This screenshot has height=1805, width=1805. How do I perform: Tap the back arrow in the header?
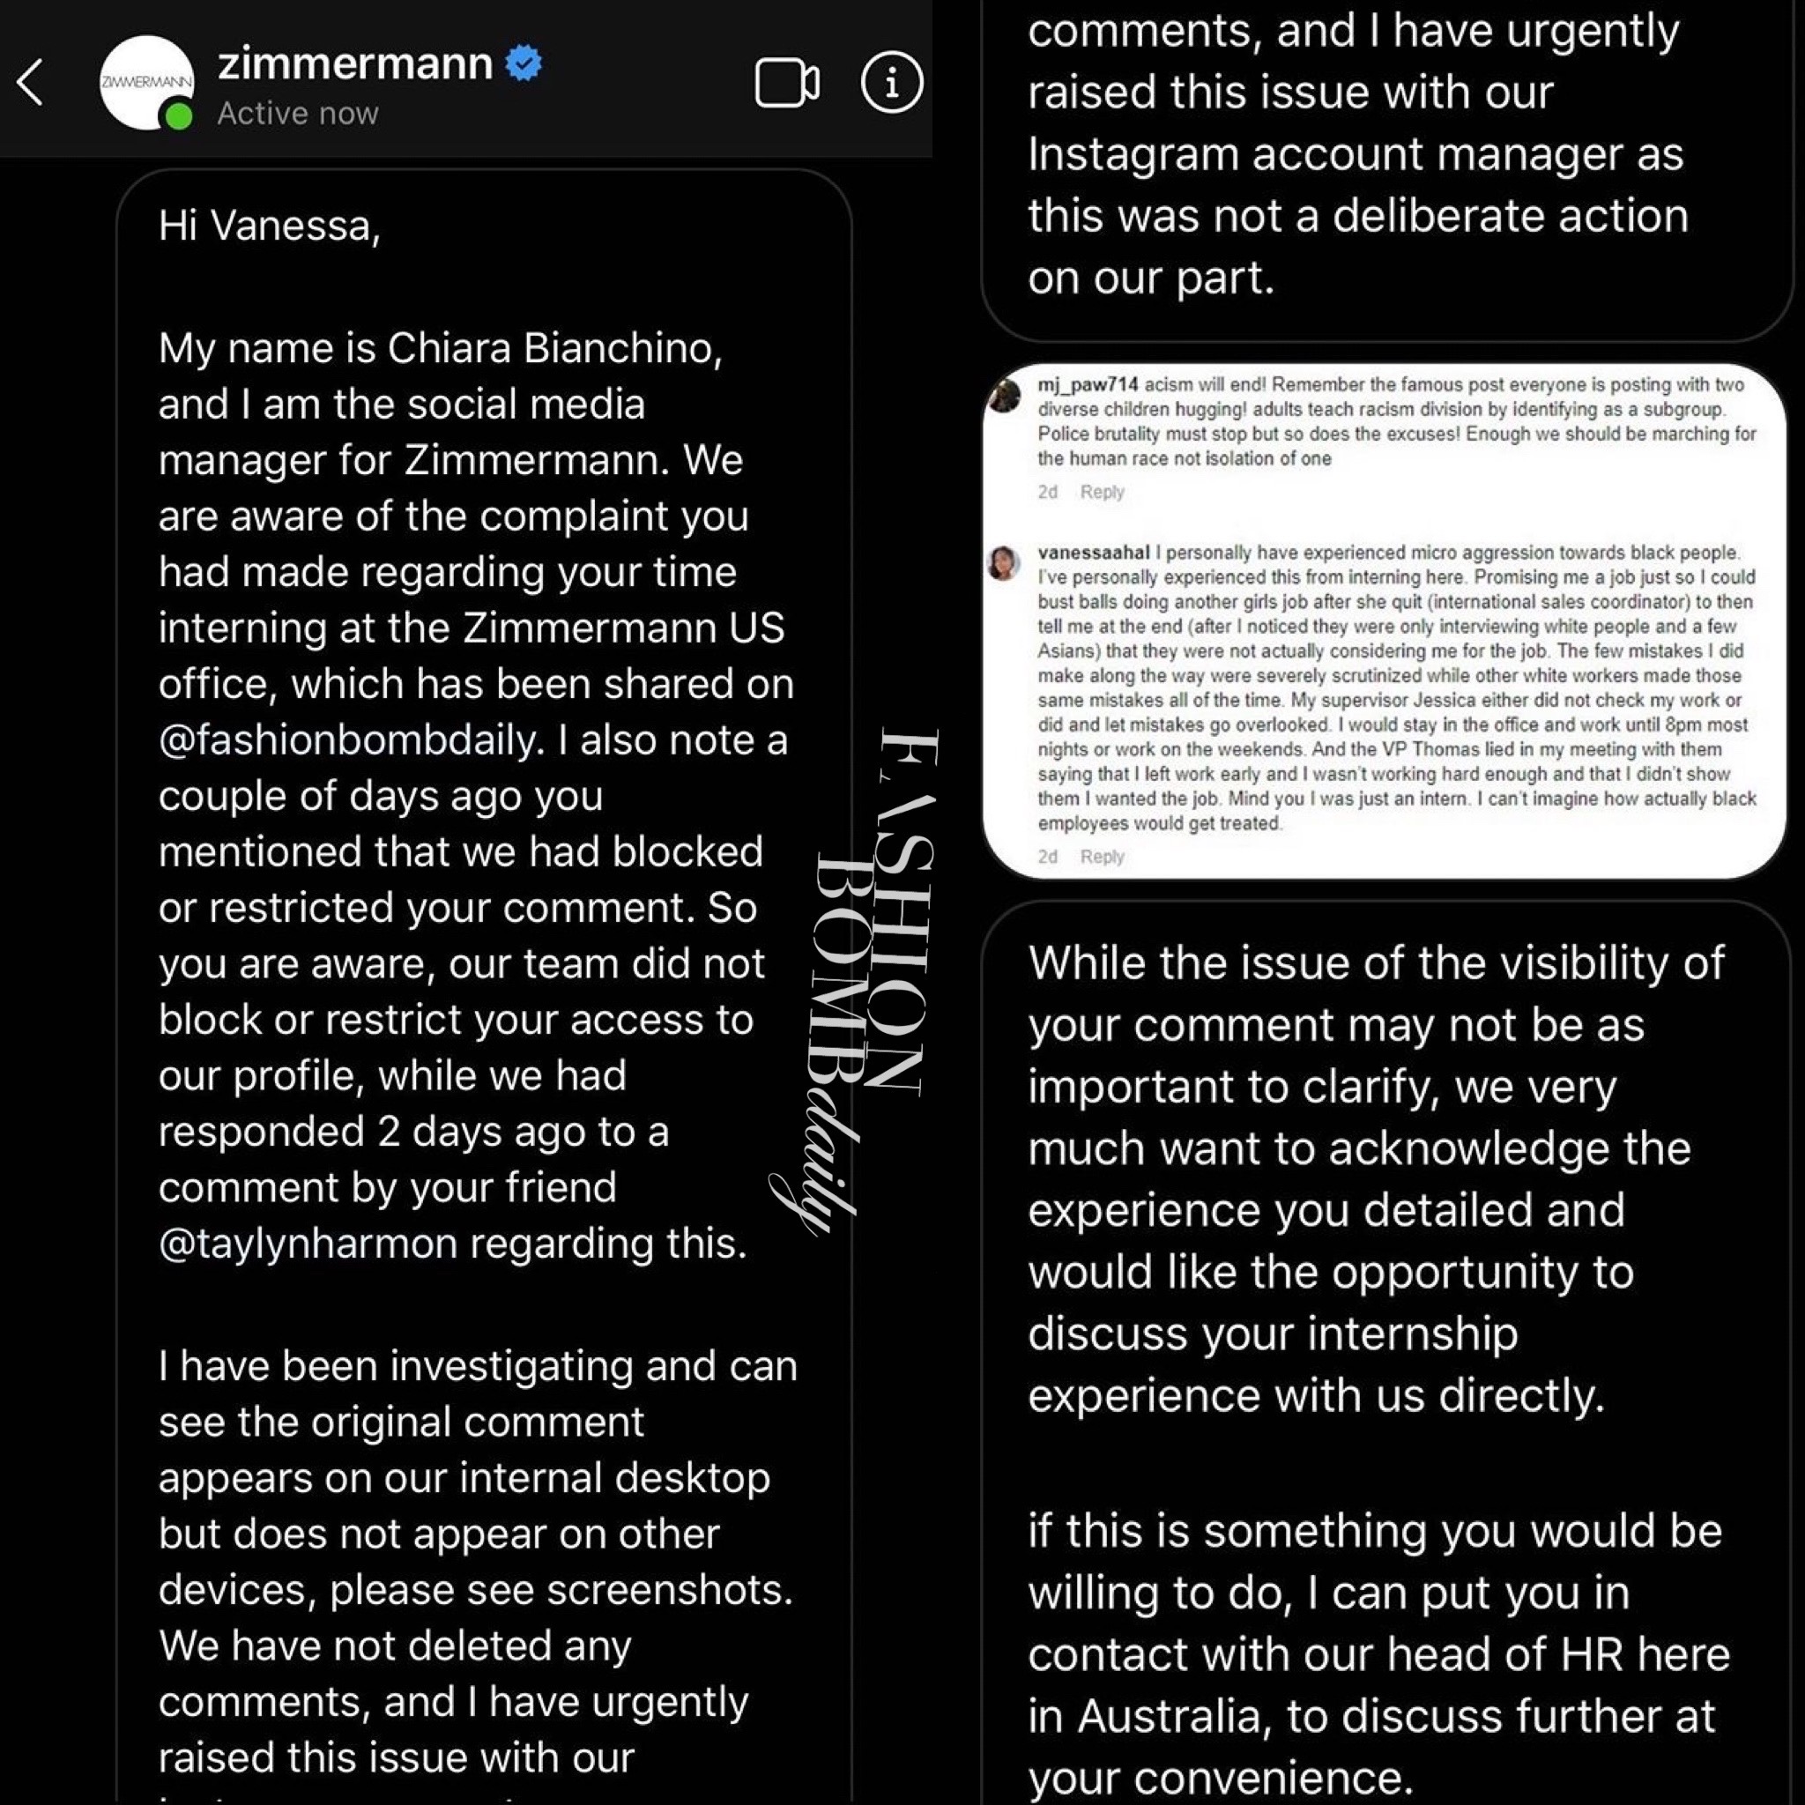coord(30,82)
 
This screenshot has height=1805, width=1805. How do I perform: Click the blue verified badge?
coord(524,63)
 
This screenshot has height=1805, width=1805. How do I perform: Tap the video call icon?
coord(787,83)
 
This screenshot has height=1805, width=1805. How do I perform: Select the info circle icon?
coord(891,82)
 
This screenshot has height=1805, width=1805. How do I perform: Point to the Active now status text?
coord(298,113)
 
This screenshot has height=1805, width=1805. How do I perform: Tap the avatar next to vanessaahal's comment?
coord(1003,563)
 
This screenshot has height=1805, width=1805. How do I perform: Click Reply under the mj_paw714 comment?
coord(1102,493)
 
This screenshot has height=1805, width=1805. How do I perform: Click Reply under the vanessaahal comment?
coord(1102,857)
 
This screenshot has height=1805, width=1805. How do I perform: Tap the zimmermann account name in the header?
coord(354,63)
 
